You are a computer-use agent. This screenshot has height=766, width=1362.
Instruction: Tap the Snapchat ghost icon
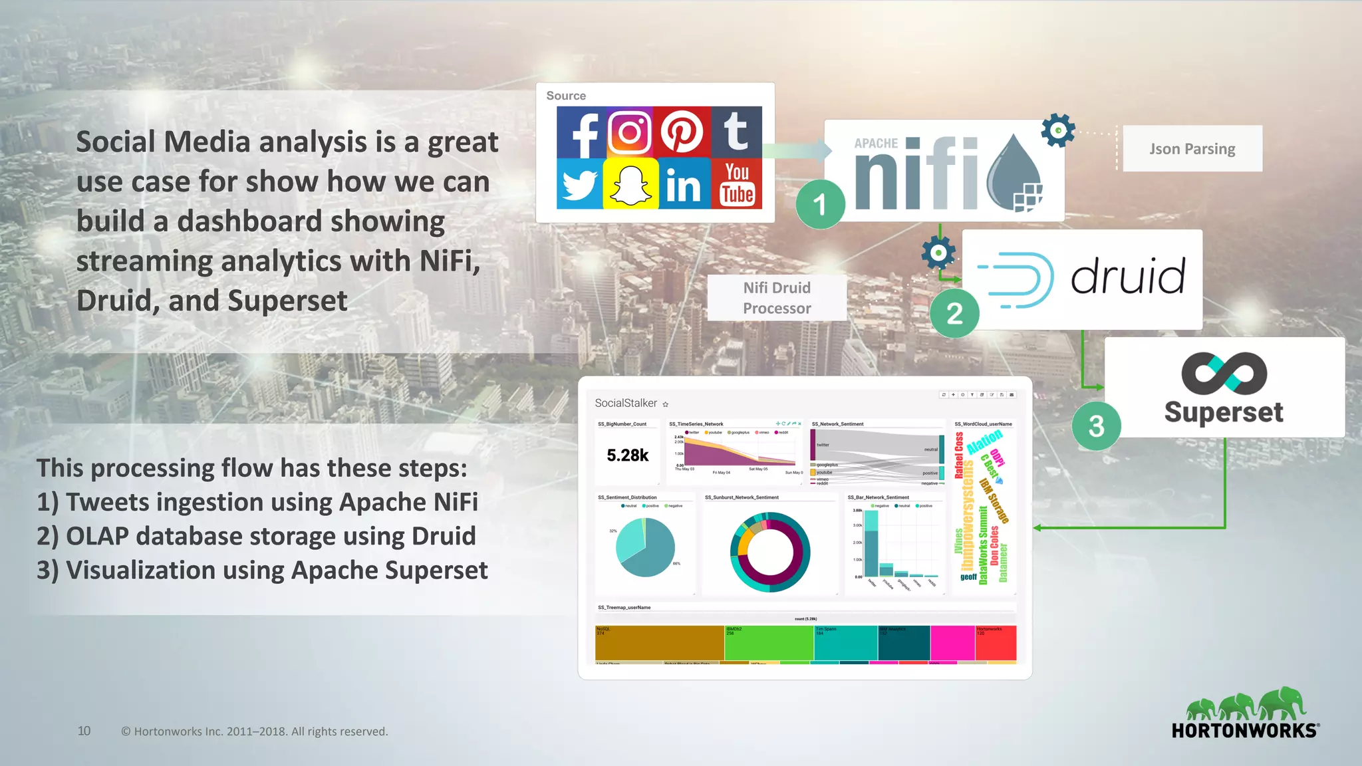tap(630, 184)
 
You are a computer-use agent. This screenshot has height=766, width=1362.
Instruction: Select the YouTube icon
tap(737, 184)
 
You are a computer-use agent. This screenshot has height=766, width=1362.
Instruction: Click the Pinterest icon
tap(682, 132)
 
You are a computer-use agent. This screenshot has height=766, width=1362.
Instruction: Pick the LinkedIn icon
tap(683, 184)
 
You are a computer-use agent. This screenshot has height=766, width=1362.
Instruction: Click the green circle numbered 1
tap(820, 204)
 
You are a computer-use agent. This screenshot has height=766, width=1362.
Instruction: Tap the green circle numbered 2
tap(954, 313)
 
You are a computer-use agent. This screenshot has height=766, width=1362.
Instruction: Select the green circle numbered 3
tap(1096, 426)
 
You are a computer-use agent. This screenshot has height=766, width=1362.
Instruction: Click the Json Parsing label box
tap(1192, 149)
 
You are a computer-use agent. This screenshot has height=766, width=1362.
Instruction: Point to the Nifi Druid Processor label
tap(777, 298)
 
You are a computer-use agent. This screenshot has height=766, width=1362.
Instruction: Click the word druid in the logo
tap(1128, 277)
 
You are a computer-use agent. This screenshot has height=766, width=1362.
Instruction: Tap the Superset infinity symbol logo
tap(1224, 373)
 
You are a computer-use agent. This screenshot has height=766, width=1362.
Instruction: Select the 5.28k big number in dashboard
tap(627, 455)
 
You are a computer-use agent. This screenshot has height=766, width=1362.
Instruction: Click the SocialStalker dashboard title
tap(626, 403)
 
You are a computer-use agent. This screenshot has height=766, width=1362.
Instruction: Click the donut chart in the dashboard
tap(770, 552)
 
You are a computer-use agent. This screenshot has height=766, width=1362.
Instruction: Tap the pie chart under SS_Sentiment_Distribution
tap(645, 547)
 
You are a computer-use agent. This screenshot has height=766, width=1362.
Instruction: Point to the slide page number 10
tap(84, 731)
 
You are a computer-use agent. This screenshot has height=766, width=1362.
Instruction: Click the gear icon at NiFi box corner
tap(1057, 130)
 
